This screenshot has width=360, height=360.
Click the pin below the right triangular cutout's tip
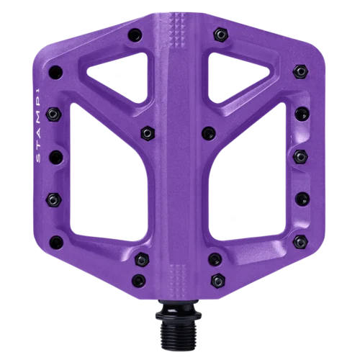(209, 132)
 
